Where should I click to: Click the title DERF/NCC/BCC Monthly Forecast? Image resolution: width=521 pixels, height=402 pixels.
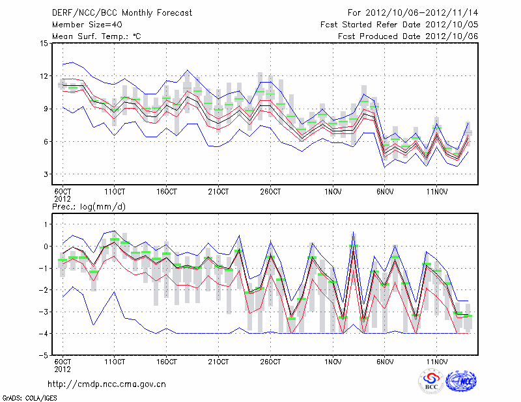point(122,13)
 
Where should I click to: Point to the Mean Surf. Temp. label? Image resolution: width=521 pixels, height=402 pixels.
point(96,36)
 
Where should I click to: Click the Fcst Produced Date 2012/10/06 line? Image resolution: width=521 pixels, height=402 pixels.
point(408,36)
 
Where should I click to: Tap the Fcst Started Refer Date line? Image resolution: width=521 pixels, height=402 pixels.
point(399,25)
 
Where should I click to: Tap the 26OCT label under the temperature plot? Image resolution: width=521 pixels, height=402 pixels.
point(270,192)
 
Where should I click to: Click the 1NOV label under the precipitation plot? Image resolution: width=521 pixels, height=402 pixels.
point(333,361)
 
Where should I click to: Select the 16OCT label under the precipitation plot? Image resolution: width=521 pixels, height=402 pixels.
point(167,361)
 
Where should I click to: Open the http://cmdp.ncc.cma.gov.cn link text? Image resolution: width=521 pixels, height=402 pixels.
point(107,384)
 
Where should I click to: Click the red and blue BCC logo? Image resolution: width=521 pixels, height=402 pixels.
point(431,382)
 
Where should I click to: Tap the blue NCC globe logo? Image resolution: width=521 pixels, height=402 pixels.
point(461,382)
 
